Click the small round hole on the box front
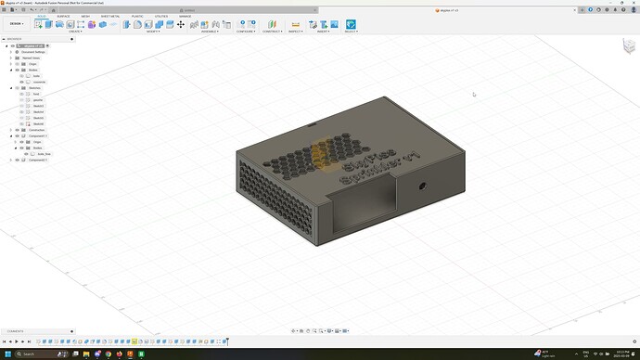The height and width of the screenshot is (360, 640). (x=424, y=186)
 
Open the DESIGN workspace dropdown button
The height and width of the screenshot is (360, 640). (x=16, y=24)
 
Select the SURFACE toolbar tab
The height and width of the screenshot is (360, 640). (x=63, y=16)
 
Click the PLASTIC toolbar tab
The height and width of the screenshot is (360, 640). (x=136, y=16)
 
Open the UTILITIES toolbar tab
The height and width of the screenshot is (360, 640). (x=161, y=16)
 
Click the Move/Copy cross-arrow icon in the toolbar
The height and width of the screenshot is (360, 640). (x=181, y=24)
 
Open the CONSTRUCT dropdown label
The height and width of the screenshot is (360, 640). (x=272, y=31)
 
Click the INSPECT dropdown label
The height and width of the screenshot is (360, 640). (x=296, y=31)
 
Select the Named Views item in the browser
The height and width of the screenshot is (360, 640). (x=31, y=58)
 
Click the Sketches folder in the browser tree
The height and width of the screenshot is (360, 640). (x=34, y=88)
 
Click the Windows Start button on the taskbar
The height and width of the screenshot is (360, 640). (x=6, y=354)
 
